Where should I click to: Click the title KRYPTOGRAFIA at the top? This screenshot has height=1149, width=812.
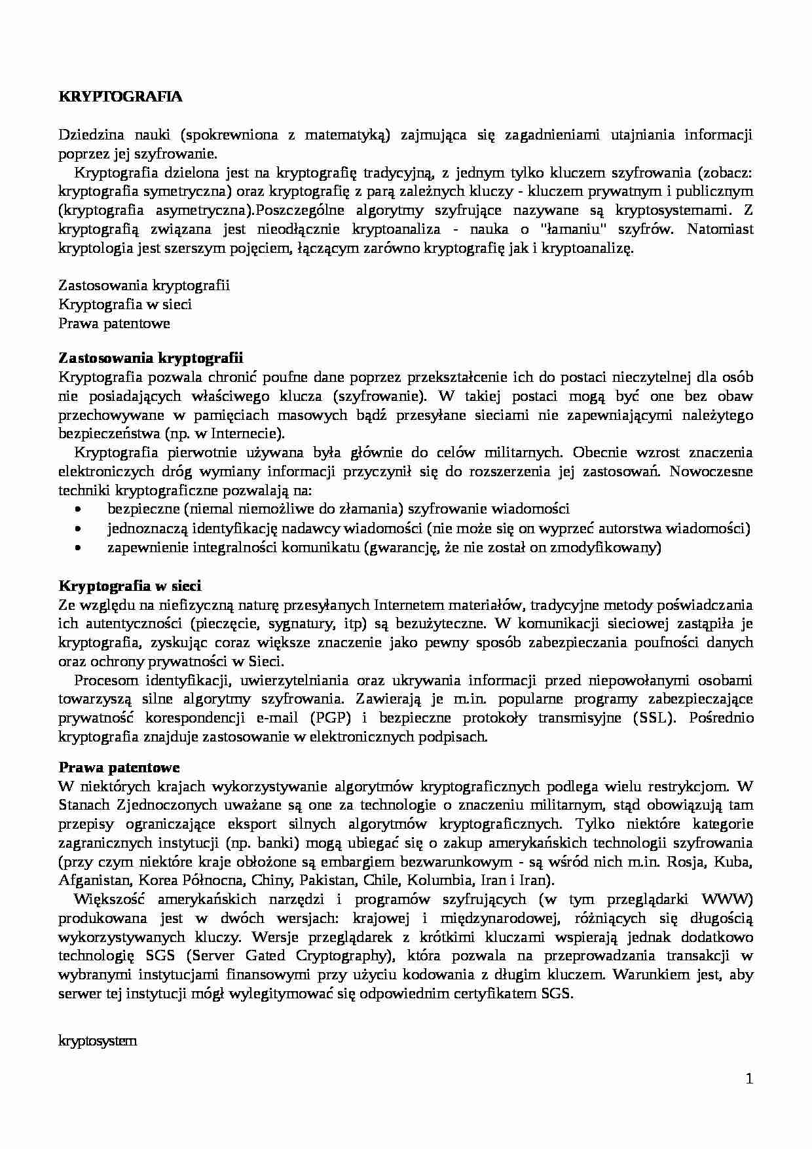(120, 97)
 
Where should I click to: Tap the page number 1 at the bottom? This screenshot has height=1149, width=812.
(749, 1079)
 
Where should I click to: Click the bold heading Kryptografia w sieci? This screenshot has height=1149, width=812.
(130, 586)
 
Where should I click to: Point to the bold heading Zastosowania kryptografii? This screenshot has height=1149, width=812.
(151, 358)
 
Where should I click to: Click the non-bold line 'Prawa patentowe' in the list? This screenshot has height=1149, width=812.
(114, 324)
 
